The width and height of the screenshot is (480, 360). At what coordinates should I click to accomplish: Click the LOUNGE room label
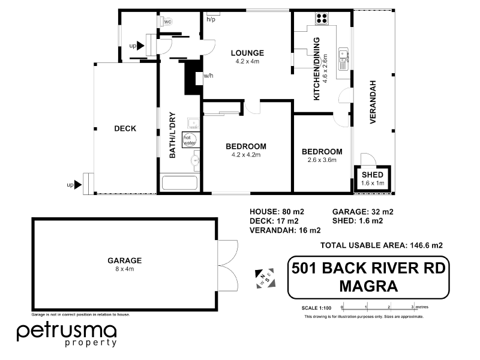(x=248, y=53)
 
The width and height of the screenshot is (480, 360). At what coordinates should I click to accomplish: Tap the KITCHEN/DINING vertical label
(x=316, y=68)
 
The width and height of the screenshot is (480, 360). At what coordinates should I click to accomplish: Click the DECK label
(x=125, y=128)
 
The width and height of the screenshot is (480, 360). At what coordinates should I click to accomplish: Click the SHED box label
(x=373, y=175)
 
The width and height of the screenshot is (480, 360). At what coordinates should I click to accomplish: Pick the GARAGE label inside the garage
(x=124, y=260)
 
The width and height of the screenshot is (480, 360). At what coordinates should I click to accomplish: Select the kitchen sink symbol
(x=344, y=57)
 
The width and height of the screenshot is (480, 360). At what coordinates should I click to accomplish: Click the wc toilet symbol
(x=167, y=22)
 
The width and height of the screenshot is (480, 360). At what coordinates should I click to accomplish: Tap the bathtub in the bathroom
(x=179, y=183)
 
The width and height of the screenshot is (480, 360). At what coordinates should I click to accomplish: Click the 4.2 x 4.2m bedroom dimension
(x=245, y=155)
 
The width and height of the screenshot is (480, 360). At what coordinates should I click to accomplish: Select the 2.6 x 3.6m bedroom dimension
(x=322, y=160)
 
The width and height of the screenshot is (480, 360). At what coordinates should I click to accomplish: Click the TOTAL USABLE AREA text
(x=382, y=245)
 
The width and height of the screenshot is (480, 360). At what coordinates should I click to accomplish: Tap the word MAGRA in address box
(x=368, y=285)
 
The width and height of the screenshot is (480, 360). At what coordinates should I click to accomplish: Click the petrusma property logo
(x=66, y=334)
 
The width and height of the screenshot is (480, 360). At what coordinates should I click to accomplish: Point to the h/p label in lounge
(x=211, y=20)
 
